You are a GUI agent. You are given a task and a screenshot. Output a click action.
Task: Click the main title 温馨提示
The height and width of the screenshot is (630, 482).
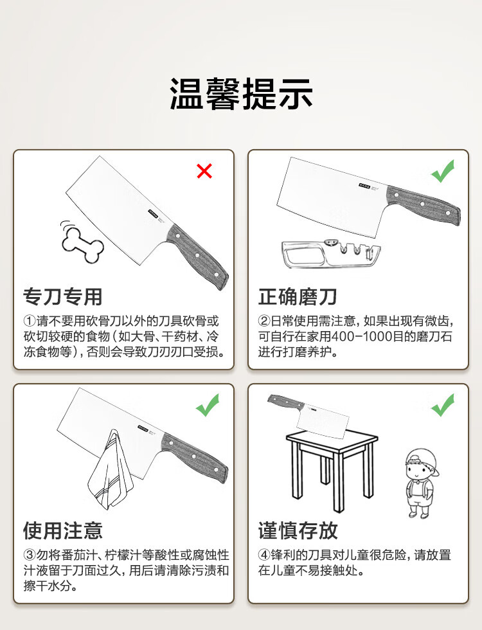(241, 94)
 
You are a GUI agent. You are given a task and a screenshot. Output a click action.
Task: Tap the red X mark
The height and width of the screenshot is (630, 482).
(204, 171)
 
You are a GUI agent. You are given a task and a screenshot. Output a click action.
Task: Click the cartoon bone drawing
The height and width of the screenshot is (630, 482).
(82, 244)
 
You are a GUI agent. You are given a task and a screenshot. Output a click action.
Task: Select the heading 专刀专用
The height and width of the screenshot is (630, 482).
(63, 297)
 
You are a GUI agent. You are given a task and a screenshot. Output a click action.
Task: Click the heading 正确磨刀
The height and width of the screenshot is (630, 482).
(297, 297)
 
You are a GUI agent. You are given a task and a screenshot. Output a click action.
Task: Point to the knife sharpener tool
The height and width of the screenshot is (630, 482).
(331, 253)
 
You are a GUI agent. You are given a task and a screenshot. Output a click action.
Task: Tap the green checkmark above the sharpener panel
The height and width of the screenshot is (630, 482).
(443, 171)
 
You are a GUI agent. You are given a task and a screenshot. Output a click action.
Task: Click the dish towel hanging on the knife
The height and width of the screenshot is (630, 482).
(111, 470)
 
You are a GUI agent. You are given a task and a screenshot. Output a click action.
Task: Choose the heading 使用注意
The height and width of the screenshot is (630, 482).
(63, 531)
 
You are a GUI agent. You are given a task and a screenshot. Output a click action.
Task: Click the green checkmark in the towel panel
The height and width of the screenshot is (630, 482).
(208, 405)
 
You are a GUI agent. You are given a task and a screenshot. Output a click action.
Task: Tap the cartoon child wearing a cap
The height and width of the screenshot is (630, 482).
(420, 483)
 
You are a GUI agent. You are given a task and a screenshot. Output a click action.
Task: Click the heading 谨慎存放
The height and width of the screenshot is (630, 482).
(298, 531)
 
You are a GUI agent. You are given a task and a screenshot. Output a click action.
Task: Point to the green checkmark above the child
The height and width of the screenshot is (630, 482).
(443, 405)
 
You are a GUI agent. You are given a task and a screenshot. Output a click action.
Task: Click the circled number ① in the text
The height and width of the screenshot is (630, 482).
(30, 321)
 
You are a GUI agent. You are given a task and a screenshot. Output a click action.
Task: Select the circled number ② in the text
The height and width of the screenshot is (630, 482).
(264, 321)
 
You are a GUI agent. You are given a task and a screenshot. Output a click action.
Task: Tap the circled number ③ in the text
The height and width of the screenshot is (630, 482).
(30, 555)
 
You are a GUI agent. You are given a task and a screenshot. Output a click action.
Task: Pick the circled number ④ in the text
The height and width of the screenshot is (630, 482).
(264, 555)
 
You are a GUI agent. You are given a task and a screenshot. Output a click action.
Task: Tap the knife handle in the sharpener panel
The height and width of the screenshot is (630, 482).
(424, 205)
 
